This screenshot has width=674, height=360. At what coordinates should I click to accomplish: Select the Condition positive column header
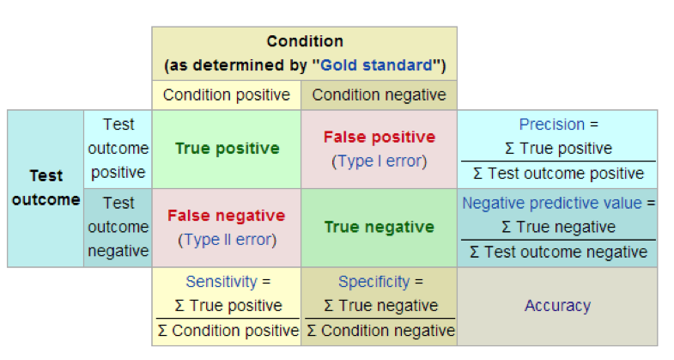[226, 95]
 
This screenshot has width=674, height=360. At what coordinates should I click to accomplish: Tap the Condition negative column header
[379, 95]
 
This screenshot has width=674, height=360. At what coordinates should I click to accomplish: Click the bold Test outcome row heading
[46, 188]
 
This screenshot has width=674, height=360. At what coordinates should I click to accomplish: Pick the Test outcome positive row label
[118, 149]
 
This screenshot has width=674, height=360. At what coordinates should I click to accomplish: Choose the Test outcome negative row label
[118, 227]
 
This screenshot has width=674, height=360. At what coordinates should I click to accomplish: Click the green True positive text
[227, 149]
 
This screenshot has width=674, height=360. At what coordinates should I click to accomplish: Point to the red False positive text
[379, 137]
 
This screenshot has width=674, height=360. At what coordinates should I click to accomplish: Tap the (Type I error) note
[379, 161]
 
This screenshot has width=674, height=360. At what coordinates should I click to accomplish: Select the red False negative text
[227, 216]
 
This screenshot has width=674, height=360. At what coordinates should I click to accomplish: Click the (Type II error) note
[227, 240]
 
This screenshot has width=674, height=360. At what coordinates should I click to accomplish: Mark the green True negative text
[379, 228]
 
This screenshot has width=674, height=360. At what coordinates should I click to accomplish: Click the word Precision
[551, 125]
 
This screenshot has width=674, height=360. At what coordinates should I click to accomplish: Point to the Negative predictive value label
[552, 204]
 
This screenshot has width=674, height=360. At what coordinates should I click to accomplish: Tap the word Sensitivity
[221, 282]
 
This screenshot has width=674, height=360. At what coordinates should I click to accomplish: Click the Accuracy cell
[557, 305]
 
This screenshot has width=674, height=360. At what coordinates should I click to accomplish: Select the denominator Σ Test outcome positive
[558, 173]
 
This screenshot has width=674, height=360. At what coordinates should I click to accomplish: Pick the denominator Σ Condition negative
[380, 331]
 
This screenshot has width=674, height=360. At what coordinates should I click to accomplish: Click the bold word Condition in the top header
[304, 41]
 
